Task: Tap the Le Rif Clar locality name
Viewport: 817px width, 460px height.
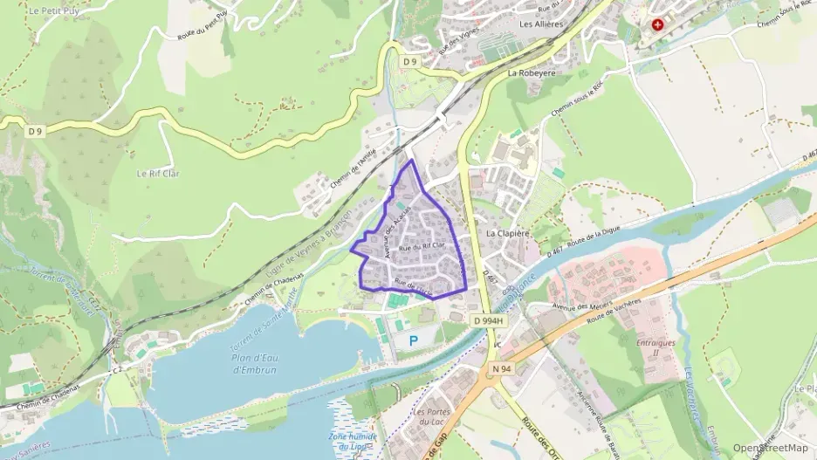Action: (x=157, y=174)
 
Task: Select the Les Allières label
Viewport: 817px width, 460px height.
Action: (x=539, y=24)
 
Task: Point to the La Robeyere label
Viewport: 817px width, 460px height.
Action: (x=531, y=74)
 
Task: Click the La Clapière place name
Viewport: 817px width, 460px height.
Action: (x=507, y=234)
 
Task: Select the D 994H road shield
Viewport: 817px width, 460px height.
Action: (x=490, y=321)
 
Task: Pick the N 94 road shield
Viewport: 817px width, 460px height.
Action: (x=501, y=369)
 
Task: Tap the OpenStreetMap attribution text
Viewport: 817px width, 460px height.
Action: (x=770, y=448)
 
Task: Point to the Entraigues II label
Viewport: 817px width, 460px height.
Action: (x=656, y=347)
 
